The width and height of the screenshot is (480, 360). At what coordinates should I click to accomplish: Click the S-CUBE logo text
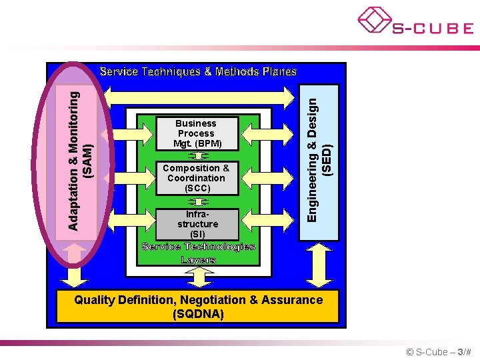432,28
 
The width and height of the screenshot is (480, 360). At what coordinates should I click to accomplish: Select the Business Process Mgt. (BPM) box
196,133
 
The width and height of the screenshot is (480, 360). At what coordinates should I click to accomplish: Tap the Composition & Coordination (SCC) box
196,178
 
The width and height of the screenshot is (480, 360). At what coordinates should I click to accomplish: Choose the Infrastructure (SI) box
197,224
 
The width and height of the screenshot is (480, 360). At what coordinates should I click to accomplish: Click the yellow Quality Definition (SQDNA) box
198,307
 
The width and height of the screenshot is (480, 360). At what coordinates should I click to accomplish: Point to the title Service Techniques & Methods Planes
198,71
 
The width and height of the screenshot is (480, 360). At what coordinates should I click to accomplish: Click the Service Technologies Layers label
198,253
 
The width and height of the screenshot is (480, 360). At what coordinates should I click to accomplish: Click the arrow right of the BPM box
257,125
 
